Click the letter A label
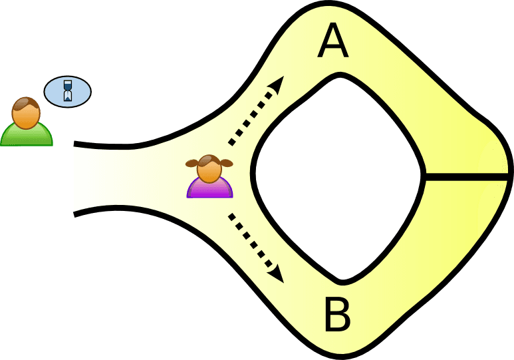click(x=332, y=41)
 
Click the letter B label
click(x=337, y=314)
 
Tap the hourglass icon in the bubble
click(x=68, y=91)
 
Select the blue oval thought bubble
click(x=68, y=92)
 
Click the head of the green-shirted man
click(x=26, y=113)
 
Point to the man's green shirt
click(x=26, y=136)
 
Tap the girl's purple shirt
click(x=210, y=189)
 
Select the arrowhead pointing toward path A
click(x=277, y=85)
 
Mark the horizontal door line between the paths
click(x=466, y=177)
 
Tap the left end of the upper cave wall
click(x=74, y=144)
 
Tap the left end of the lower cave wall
click(x=74, y=214)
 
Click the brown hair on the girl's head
click(x=209, y=160)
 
